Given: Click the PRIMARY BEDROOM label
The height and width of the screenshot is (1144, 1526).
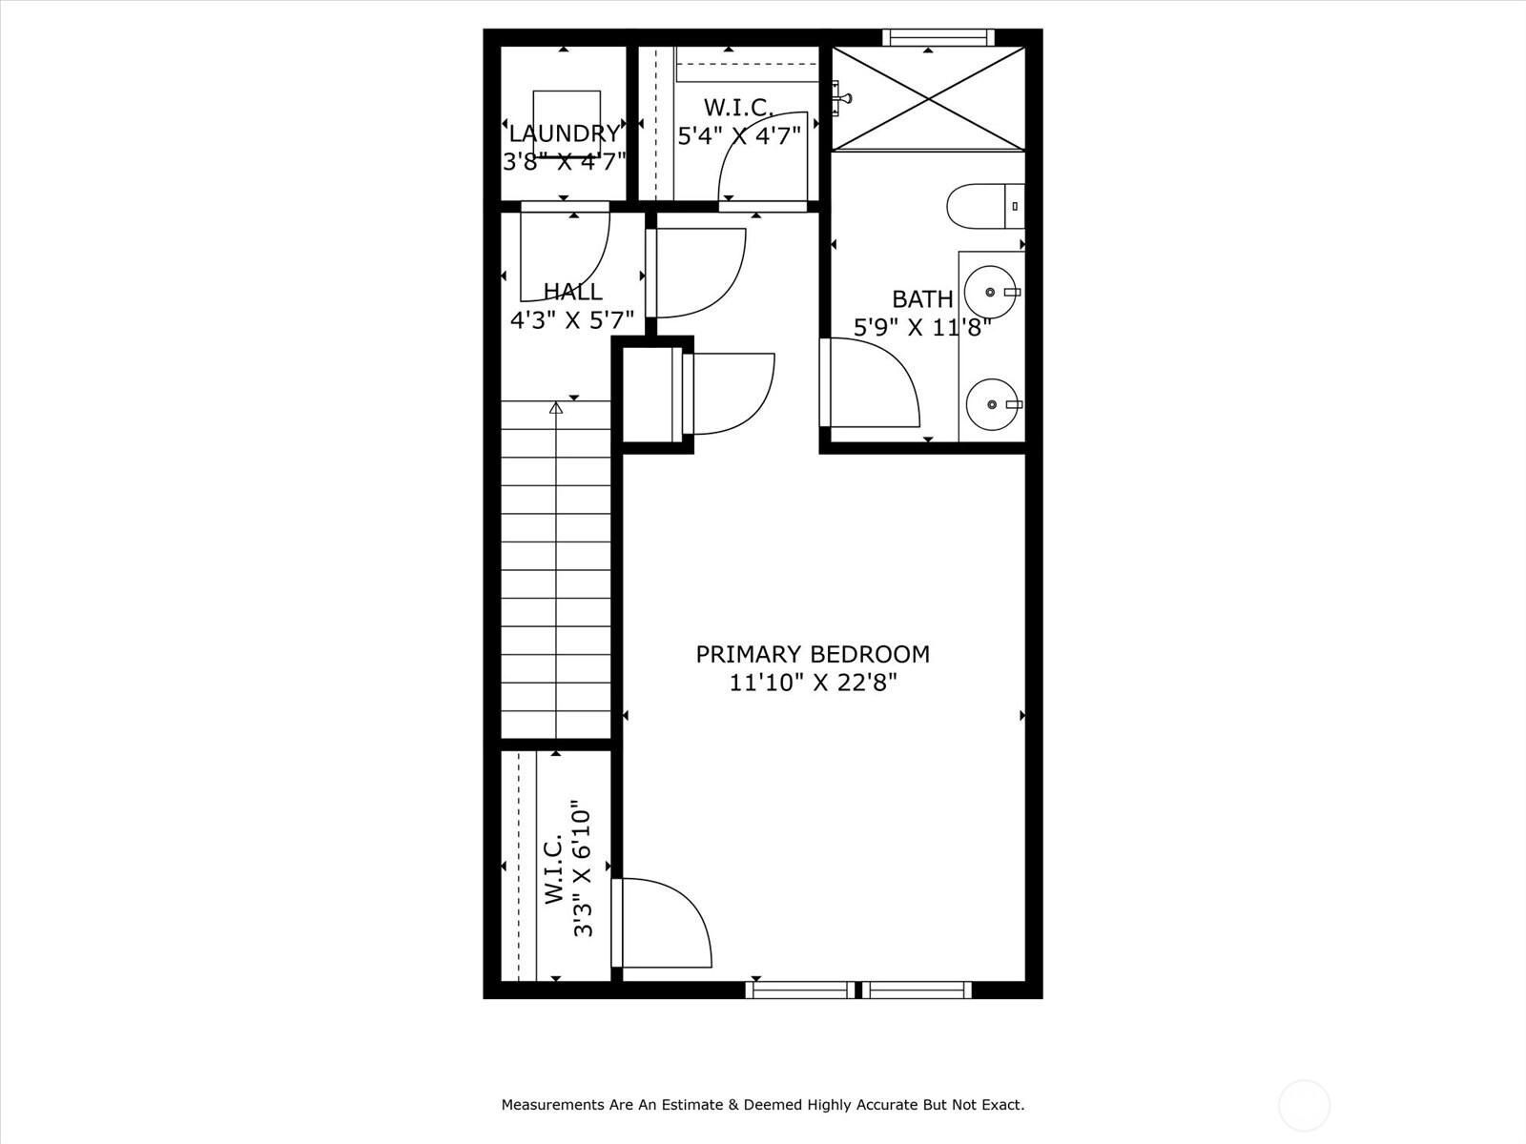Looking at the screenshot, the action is click(812, 654).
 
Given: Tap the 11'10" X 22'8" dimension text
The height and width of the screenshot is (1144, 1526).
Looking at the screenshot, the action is click(812, 684).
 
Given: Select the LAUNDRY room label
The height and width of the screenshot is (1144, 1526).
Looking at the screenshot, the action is click(565, 133).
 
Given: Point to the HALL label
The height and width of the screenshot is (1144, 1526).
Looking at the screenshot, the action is click(573, 291).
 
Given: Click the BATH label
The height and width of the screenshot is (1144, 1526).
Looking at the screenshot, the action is click(922, 299).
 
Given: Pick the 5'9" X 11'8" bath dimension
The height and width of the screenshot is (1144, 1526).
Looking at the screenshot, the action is click(922, 327).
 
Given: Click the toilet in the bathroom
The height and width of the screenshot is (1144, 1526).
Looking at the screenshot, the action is click(985, 206).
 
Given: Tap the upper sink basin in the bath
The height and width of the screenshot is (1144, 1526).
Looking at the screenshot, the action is click(992, 293).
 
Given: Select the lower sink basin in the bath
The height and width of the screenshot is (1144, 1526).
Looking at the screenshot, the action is click(992, 404).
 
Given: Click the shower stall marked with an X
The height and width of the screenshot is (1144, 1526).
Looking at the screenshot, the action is click(929, 98).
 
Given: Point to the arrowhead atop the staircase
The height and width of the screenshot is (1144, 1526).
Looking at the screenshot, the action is click(555, 408).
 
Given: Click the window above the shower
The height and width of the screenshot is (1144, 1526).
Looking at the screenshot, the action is click(938, 37).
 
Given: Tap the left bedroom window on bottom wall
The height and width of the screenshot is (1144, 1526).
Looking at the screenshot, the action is click(800, 990).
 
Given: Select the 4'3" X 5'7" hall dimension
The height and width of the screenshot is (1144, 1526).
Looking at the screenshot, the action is click(572, 320).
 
